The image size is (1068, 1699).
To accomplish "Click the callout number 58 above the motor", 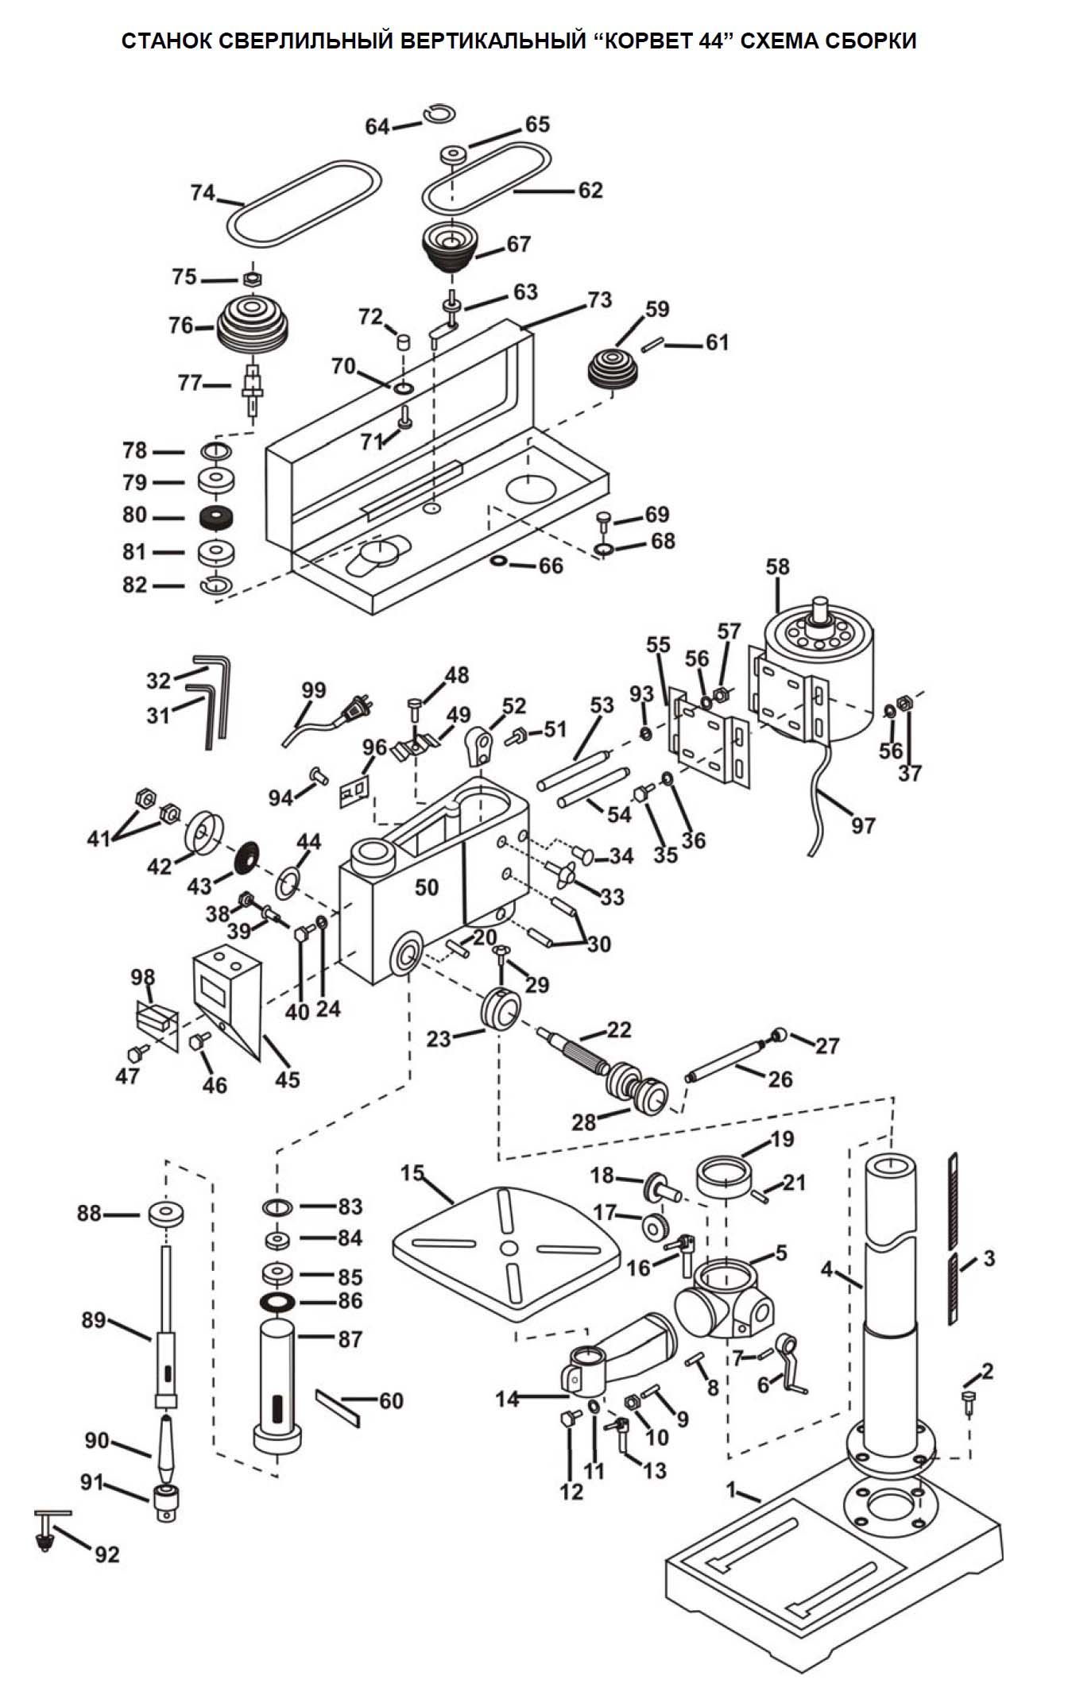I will pyautogui.click(x=777, y=566).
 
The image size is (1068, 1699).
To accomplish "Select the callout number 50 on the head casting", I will pyautogui.click(x=427, y=887).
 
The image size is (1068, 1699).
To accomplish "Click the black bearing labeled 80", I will pyautogui.click(x=218, y=518).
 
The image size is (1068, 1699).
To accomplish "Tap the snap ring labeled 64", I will pyautogui.click(x=438, y=114).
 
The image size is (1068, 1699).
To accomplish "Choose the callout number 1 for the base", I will pyautogui.click(x=733, y=1489).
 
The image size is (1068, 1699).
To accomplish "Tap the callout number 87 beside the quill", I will pyautogui.click(x=350, y=1338).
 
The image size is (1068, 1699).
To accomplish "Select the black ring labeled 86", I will pyautogui.click(x=277, y=1302).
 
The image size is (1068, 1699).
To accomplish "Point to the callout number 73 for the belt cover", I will pyautogui.click(x=600, y=299).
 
